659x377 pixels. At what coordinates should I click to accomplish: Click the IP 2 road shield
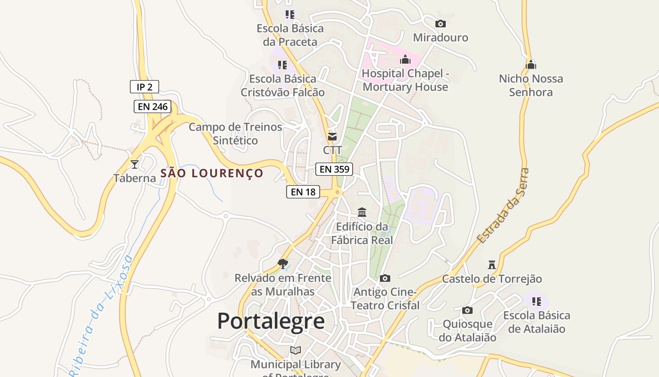pyautogui.click(x=145, y=87)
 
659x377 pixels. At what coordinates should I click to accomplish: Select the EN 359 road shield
pyautogui.click(x=334, y=169)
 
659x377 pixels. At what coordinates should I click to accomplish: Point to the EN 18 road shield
pyautogui.click(x=303, y=192)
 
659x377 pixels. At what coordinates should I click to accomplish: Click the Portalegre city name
pyautogui.click(x=271, y=321)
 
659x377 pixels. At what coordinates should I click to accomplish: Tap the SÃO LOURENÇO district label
pyautogui.click(x=212, y=173)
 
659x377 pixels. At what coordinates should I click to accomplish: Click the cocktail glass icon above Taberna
pyautogui.click(x=135, y=164)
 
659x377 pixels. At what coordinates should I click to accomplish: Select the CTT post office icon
pyautogui.click(x=332, y=137)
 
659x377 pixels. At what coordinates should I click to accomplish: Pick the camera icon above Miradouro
pyautogui.click(x=441, y=24)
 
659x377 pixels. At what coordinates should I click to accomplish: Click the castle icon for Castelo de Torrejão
pyautogui.click(x=492, y=264)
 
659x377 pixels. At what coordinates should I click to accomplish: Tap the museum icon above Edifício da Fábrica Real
pyautogui.click(x=362, y=213)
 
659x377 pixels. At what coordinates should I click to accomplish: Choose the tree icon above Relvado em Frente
pyautogui.click(x=283, y=263)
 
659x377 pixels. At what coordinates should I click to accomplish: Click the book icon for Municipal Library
pyautogui.click(x=296, y=350)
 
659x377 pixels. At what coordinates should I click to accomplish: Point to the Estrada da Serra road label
pyautogui.click(x=503, y=206)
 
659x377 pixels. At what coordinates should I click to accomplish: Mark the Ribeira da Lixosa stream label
pyautogui.click(x=100, y=316)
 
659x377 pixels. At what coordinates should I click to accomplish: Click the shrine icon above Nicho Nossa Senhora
pyautogui.click(x=531, y=65)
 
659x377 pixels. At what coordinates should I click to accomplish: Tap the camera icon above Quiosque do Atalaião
pyautogui.click(x=467, y=310)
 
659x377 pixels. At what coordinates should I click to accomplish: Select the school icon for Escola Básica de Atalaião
pyautogui.click(x=536, y=301)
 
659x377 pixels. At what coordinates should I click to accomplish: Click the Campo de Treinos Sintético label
pyautogui.click(x=235, y=133)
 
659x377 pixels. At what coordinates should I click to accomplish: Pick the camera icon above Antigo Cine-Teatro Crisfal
pyautogui.click(x=385, y=278)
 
